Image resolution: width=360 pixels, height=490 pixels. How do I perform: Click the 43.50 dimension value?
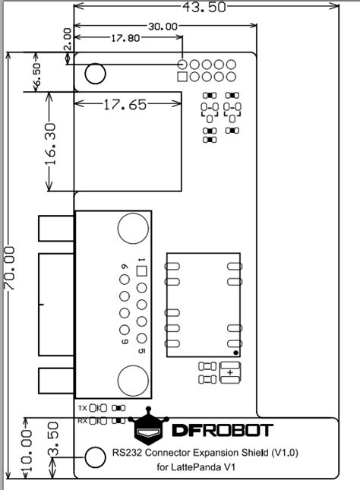click(204, 7)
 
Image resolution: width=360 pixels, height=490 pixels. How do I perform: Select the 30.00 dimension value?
click(163, 27)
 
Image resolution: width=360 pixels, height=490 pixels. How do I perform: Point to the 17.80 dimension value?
click(125, 38)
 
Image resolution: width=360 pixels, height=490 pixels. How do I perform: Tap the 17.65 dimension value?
click(125, 105)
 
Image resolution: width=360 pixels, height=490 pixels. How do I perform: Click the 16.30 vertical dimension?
click(50, 144)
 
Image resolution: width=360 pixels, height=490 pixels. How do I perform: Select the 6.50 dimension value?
click(37, 74)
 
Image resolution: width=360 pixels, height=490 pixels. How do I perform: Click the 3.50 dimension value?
click(53, 438)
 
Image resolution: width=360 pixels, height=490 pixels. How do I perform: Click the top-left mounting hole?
click(95, 74)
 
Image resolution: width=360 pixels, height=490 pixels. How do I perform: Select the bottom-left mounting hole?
click(95, 457)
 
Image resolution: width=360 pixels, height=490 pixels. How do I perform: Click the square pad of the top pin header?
click(182, 77)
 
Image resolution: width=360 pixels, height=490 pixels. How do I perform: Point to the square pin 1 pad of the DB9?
click(142, 271)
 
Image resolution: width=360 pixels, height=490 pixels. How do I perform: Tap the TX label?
click(83, 408)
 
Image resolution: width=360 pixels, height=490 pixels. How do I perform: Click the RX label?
click(83, 421)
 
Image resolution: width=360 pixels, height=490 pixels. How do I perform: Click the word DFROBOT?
click(223, 430)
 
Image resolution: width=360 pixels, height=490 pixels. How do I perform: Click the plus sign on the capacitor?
click(230, 372)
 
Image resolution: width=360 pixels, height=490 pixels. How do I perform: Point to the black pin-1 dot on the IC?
click(236, 352)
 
